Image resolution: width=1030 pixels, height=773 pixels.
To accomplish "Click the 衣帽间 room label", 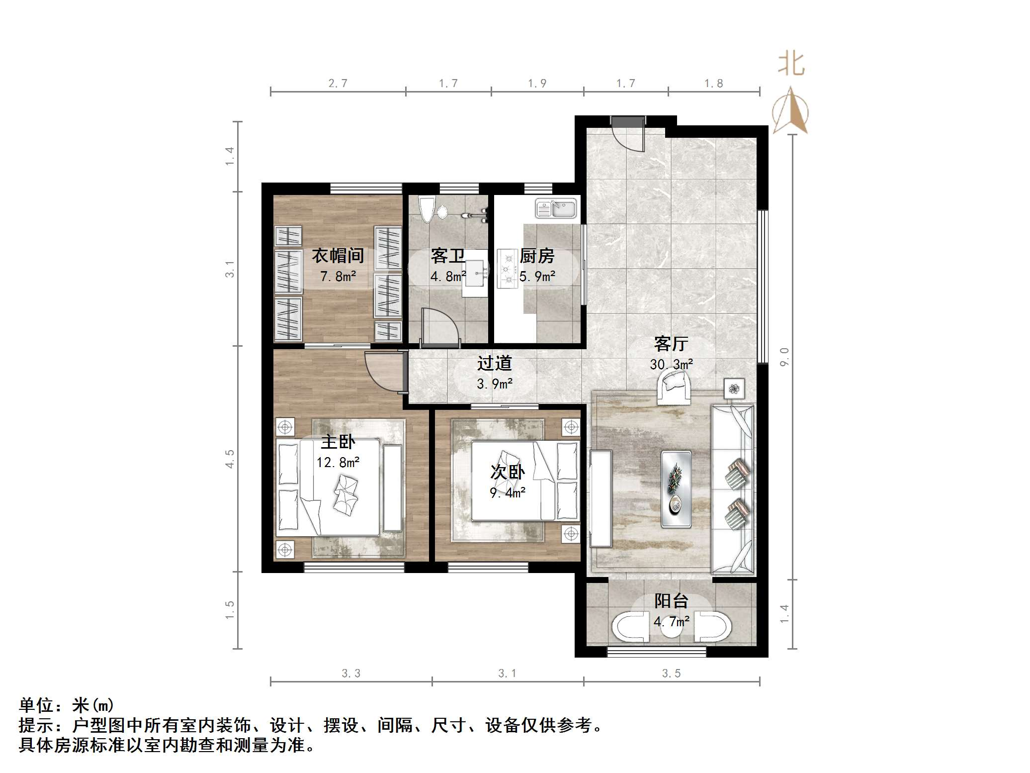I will pos(338,256).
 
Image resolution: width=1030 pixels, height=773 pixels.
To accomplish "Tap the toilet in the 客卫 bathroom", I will pos(427,209).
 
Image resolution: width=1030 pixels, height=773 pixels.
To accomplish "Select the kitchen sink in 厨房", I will pos(556,208).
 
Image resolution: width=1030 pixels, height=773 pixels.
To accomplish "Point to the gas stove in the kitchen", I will pos(508,269).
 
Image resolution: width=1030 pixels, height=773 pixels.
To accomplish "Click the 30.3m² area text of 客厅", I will pos(671,365).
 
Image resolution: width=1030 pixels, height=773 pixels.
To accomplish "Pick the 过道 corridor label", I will pos(494,363).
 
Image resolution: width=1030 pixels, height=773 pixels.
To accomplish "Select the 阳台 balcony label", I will pos(671,601).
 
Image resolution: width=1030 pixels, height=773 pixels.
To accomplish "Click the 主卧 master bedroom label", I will pos(338,442).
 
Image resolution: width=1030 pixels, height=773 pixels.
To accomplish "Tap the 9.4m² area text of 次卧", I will pos(508,493).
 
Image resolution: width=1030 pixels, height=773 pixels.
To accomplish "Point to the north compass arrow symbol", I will pos(790,110).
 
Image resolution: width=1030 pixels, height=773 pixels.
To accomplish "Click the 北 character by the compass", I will pos(791,65).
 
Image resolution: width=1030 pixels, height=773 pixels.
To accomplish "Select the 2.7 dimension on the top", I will pos(338,84).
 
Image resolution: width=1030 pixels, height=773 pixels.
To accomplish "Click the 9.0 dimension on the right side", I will pos(784,357).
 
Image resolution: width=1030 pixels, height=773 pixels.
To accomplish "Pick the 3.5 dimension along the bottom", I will pos(671,674).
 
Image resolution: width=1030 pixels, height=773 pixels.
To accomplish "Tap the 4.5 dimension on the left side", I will pos(230,459).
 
